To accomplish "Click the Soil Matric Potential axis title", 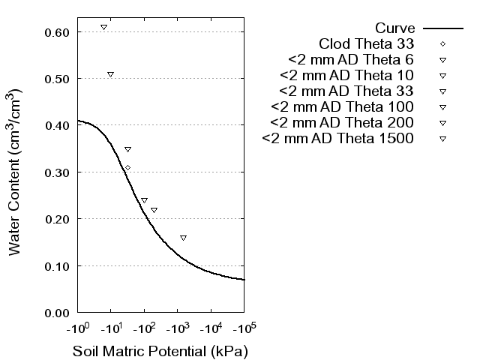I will click(x=160, y=351).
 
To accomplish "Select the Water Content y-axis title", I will click(x=16, y=172).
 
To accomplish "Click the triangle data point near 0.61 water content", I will click(x=103, y=27).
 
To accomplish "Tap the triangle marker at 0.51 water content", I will click(x=110, y=74).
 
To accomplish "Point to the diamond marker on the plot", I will click(x=127, y=167).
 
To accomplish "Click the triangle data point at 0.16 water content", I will click(x=183, y=238).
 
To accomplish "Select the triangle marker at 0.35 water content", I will click(x=127, y=149).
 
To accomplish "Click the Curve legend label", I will click(x=396, y=28).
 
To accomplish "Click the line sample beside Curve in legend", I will click(x=442, y=28).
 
